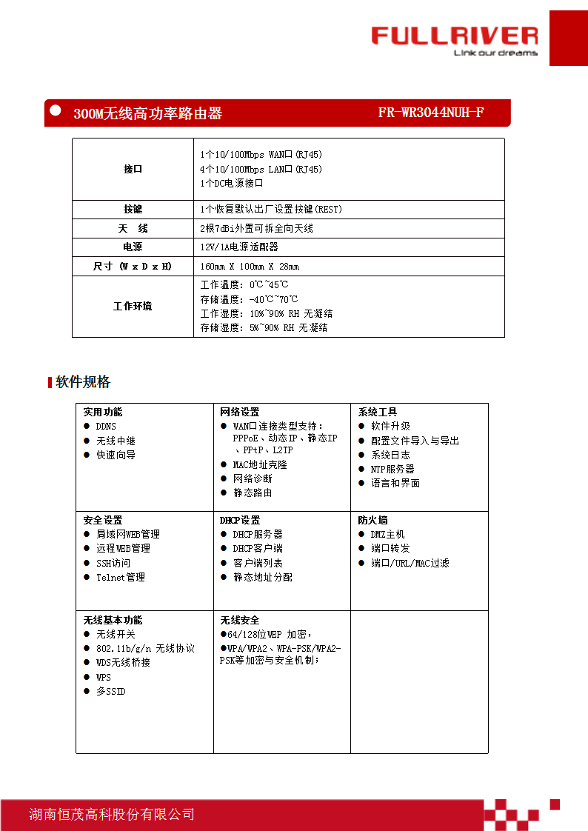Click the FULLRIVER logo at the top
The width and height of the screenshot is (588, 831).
point(454,37)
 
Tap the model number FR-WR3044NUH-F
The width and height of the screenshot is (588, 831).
point(430,113)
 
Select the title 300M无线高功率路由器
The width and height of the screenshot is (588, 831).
point(147,114)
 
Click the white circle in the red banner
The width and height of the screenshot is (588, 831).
point(55,110)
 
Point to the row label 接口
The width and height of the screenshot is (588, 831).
point(133,170)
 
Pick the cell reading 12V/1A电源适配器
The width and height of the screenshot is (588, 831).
point(239,247)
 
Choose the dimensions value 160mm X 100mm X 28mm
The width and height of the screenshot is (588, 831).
point(250,267)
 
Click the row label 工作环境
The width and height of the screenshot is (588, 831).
point(133,307)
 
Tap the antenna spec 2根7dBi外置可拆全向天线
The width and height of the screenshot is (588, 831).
point(256,229)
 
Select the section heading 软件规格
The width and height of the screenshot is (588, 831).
point(83,382)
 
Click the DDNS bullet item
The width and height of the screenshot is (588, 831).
point(106,427)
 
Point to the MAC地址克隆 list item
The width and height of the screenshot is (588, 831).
point(260,465)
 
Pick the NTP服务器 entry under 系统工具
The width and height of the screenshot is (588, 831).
point(392,470)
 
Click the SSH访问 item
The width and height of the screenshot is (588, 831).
point(113,564)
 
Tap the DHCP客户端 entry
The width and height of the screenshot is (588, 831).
point(258,549)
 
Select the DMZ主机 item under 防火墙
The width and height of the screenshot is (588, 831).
point(387,535)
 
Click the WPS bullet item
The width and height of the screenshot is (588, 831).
point(104,678)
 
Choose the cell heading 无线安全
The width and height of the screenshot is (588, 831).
point(240,621)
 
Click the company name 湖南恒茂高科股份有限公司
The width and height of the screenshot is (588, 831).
point(112,815)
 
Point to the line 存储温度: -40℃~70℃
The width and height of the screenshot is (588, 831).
point(249,299)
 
